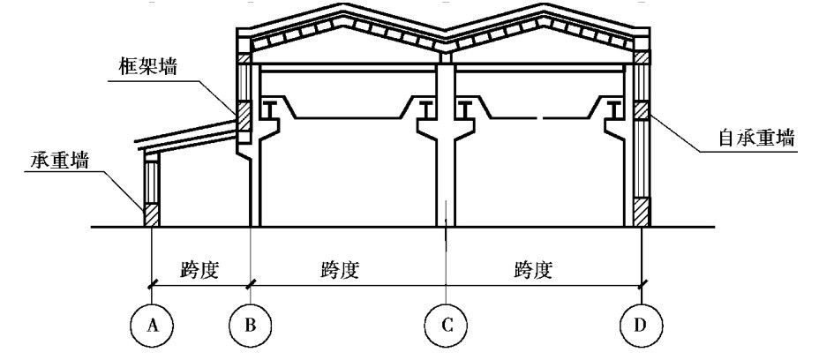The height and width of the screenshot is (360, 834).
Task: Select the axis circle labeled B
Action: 252,327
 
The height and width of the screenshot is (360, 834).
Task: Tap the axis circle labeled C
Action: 447,327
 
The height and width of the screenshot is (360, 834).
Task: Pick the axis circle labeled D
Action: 641,327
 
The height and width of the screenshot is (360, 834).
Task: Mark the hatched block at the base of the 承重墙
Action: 152,215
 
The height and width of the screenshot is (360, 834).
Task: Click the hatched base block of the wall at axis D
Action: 642,212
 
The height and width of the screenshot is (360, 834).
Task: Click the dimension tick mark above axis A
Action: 153,283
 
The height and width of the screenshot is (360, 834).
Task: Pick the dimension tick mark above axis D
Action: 641,283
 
